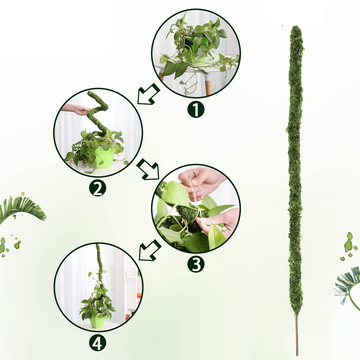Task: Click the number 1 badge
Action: point(196,109)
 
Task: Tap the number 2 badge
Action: point(97,188)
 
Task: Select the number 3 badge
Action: point(196,264)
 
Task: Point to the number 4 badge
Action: point(97,343)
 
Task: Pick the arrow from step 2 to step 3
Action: point(149,169)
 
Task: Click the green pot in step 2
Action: point(104,156)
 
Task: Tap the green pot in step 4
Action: point(97,320)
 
